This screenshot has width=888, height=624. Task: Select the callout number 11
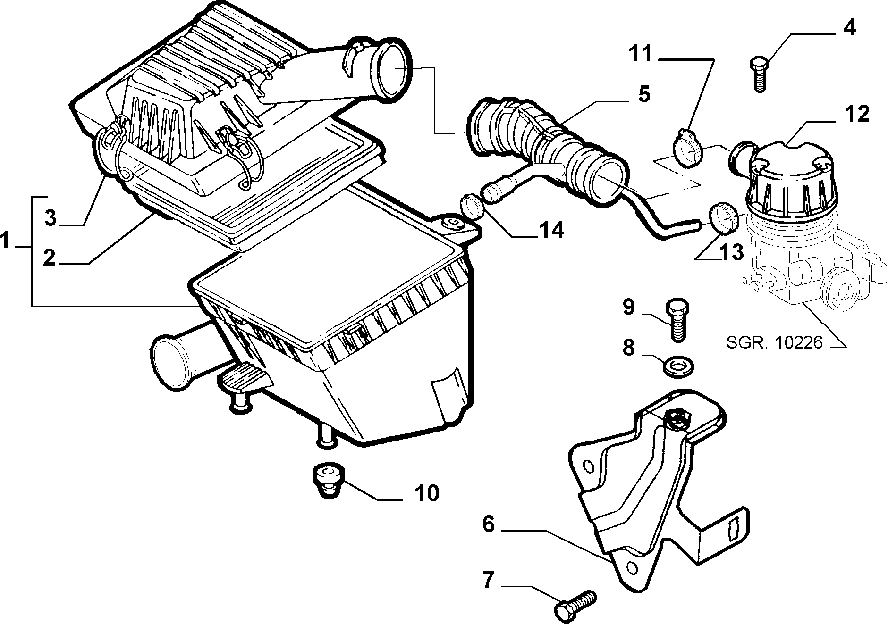coord(641,55)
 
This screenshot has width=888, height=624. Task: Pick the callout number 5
coord(643,94)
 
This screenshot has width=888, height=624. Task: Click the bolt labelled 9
coord(676,319)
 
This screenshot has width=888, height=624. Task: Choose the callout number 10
coord(427,493)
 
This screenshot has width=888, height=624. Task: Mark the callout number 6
coord(488,524)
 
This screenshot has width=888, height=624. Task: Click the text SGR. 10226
coord(774,342)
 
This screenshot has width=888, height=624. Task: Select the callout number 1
coord(6,242)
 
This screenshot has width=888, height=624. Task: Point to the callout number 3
coord(51,218)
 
